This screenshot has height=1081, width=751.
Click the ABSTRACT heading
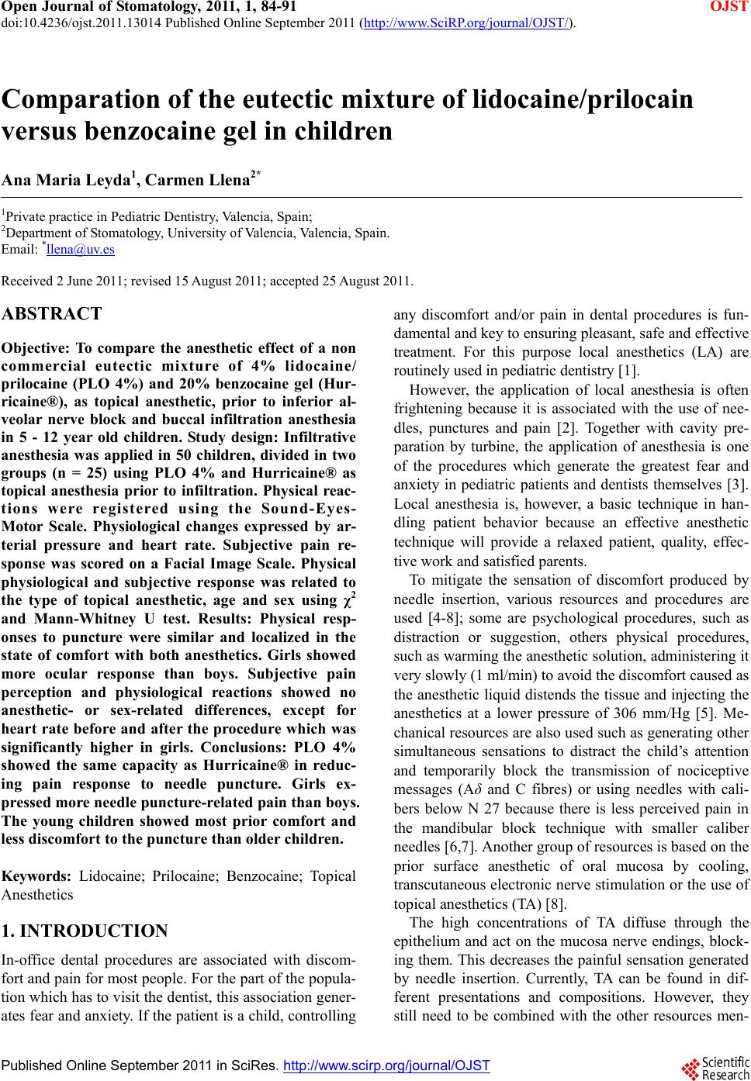(52, 314)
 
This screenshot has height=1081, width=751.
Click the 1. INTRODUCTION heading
(85, 931)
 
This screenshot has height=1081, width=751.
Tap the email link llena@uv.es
(81, 249)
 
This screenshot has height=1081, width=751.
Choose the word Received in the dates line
(26, 280)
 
